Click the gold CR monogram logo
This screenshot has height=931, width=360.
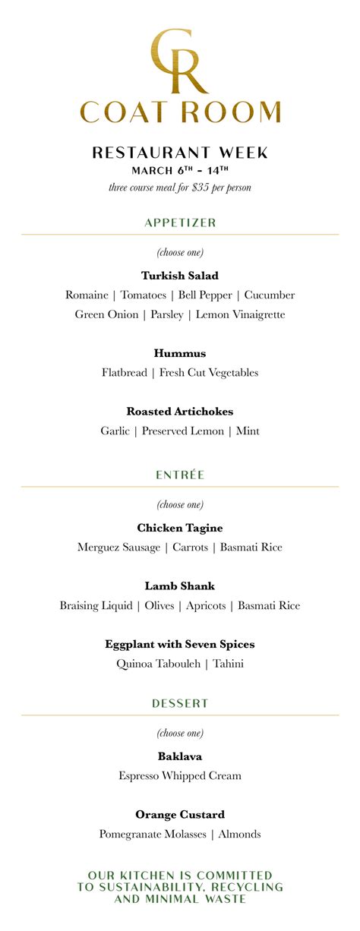[x=180, y=61]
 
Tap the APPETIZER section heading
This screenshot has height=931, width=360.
[x=180, y=222]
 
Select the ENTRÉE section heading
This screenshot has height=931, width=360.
[x=180, y=475]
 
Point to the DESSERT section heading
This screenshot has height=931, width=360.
[x=180, y=703]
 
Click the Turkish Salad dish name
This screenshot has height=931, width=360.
[x=180, y=276]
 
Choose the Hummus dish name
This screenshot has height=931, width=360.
[x=180, y=353]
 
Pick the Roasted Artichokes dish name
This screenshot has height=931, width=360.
[x=180, y=412]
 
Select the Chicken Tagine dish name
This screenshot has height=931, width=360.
[x=180, y=528]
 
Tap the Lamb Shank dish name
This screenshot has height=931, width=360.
[x=180, y=586]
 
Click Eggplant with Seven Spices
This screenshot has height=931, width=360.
[x=180, y=644]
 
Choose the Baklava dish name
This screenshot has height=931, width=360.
[x=180, y=756]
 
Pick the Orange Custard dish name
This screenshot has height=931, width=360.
[x=180, y=815]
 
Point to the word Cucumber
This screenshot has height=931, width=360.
[x=270, y=295]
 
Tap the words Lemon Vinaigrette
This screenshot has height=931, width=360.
[x=241, y=314]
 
